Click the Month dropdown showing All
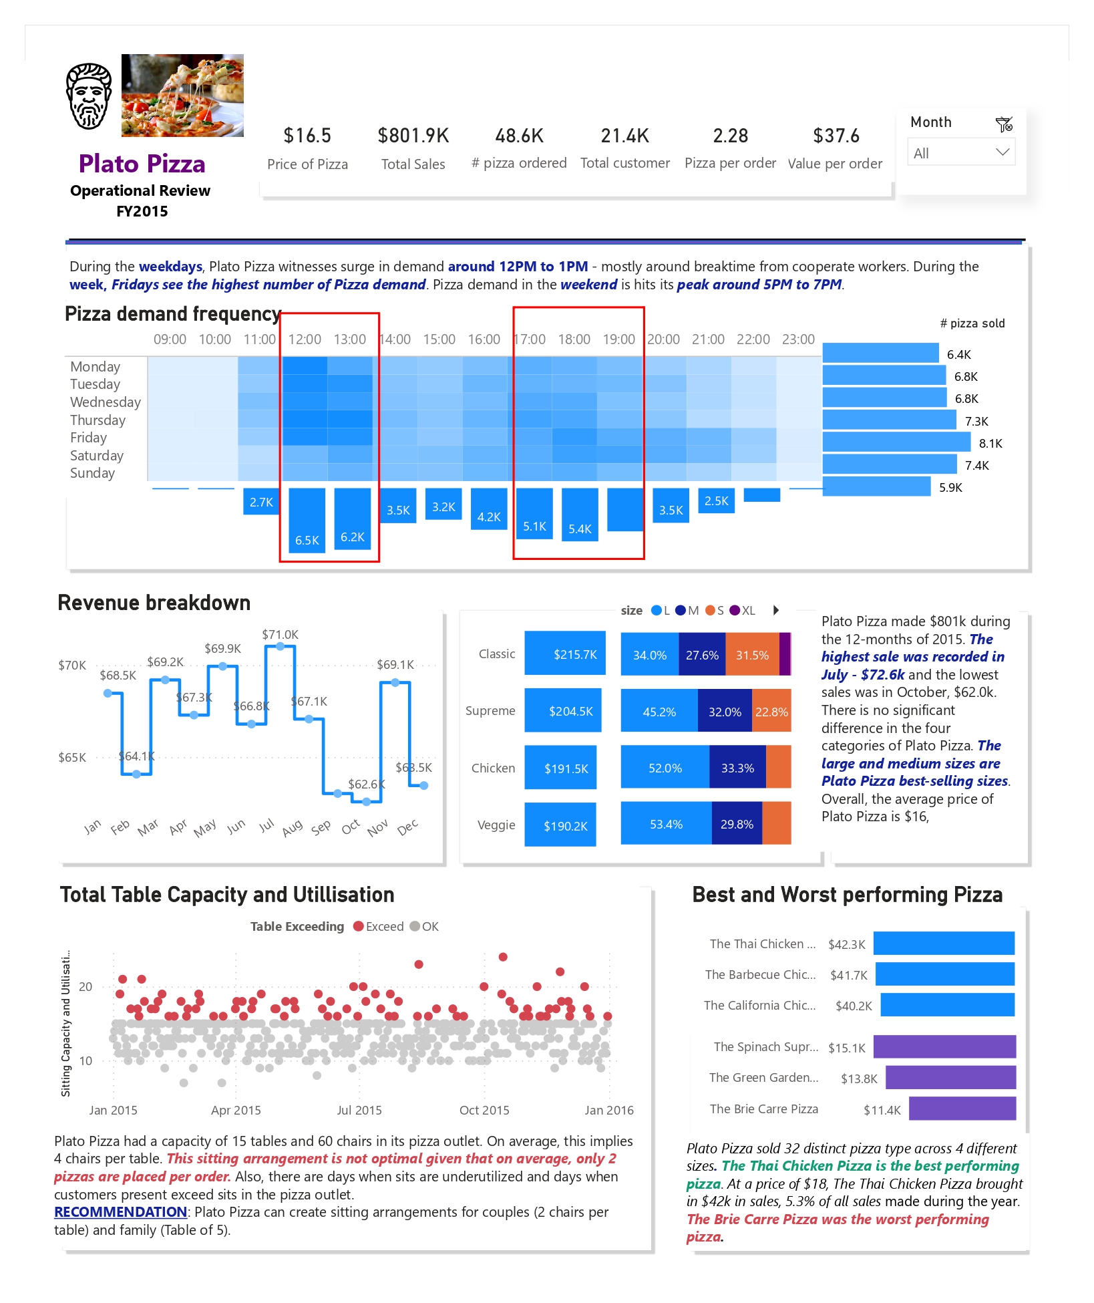[x=960, y=152]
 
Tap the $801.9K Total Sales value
[x=413, y=136]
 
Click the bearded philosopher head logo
[x=89, y=96]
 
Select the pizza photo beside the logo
[x=182, y=96]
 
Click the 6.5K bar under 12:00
[x=307, y=520]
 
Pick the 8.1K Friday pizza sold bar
[x=896, y=442]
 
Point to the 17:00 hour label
[x=530, y=339]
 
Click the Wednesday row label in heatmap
[x=106, y=402]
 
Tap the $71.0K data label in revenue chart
[x=280, y=634]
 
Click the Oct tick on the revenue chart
[x=351, y=827]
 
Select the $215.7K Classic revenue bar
[x=565, y=654]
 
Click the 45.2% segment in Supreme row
[x=659, y=712]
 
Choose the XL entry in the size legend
[x=743, y=611]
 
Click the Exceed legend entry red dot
[x=359, y=926]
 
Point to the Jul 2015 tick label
[x=359, y=1110]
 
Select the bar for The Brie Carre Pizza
[x=962, y=1109]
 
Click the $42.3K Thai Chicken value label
[x=846, y=944]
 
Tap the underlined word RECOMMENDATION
[x=120, y=1212]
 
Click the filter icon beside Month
[x=1003, y=124]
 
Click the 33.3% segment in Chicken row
[x=737, y=768]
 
